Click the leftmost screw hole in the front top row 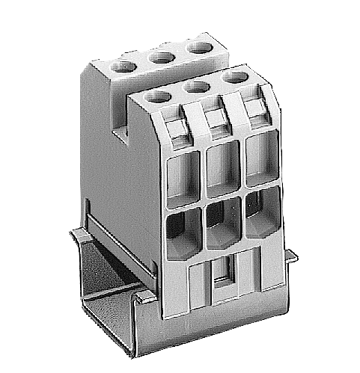(156, 96)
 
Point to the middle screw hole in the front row (195, 87)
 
